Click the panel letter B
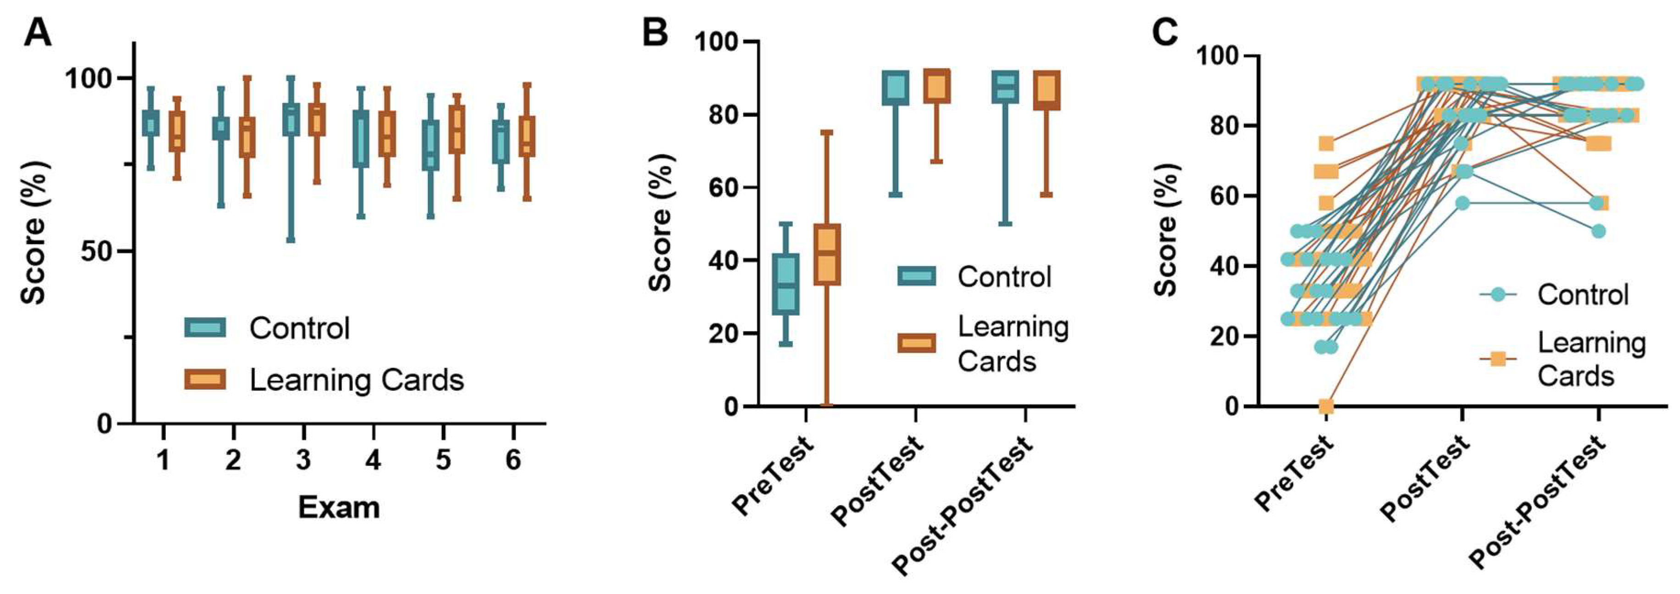(655, 33)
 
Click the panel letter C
(1165, 33)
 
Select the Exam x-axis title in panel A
(339, 508)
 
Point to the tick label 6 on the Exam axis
(513, 460)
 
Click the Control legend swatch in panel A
(205, 327)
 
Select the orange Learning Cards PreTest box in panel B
(826, 254)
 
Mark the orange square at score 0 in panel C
(1326, 407)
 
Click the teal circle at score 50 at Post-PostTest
(1598, 231)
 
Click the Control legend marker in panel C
(1498, 295)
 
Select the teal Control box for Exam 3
(291, 120)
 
